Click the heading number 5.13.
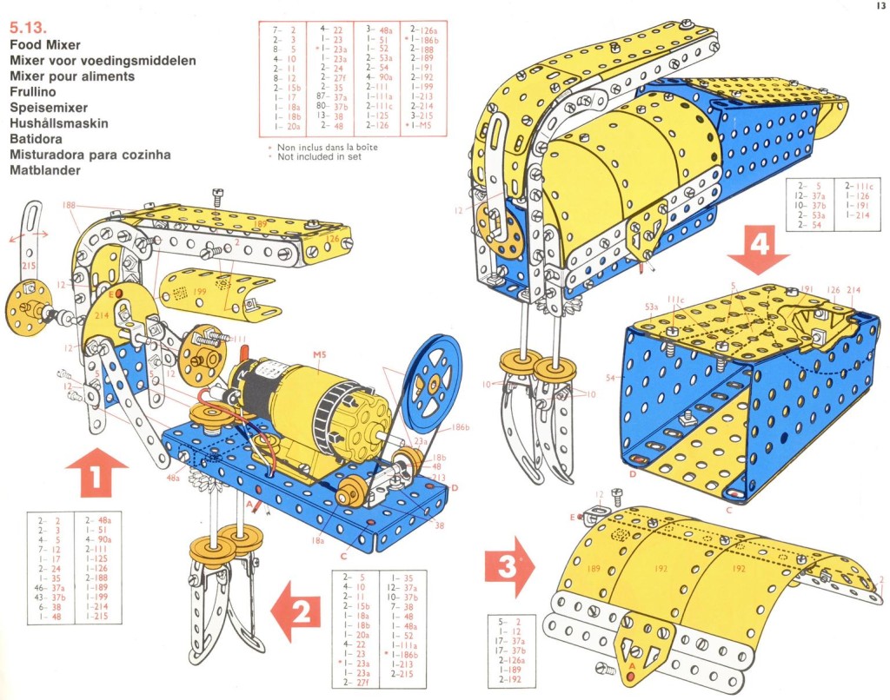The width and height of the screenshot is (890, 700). click(26, 28)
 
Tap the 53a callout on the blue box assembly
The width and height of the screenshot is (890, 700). click(651, 307)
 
